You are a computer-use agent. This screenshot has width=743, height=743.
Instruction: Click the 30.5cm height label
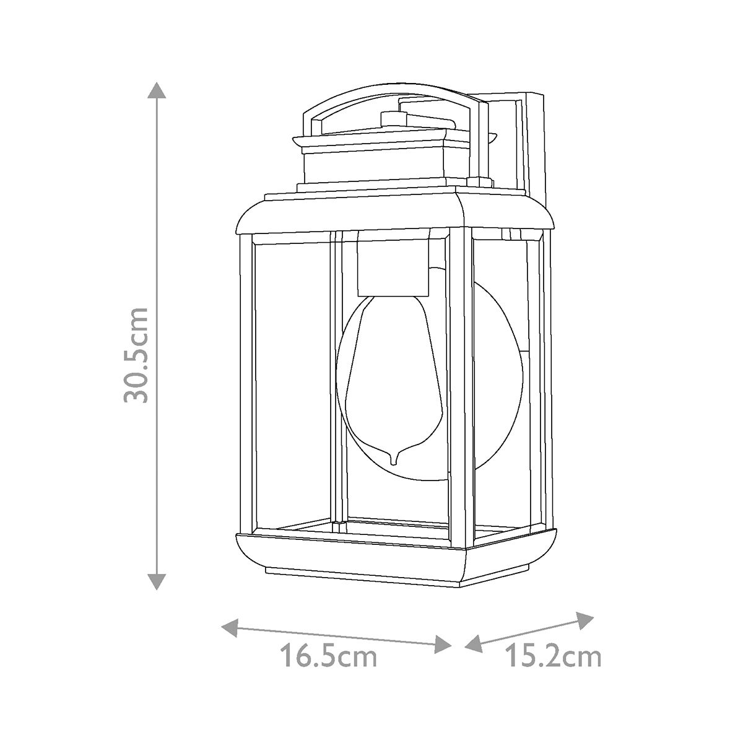pos(136,354)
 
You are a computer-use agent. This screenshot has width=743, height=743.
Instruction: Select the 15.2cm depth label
pos(553,656)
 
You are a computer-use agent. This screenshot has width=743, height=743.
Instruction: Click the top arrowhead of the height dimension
pos(157,91)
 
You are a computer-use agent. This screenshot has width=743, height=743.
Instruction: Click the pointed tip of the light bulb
pos(394,461)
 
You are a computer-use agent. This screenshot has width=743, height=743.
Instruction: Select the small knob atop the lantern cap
pos(390,118)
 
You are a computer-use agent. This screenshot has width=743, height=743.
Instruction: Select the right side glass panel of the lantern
pos(505,384)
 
